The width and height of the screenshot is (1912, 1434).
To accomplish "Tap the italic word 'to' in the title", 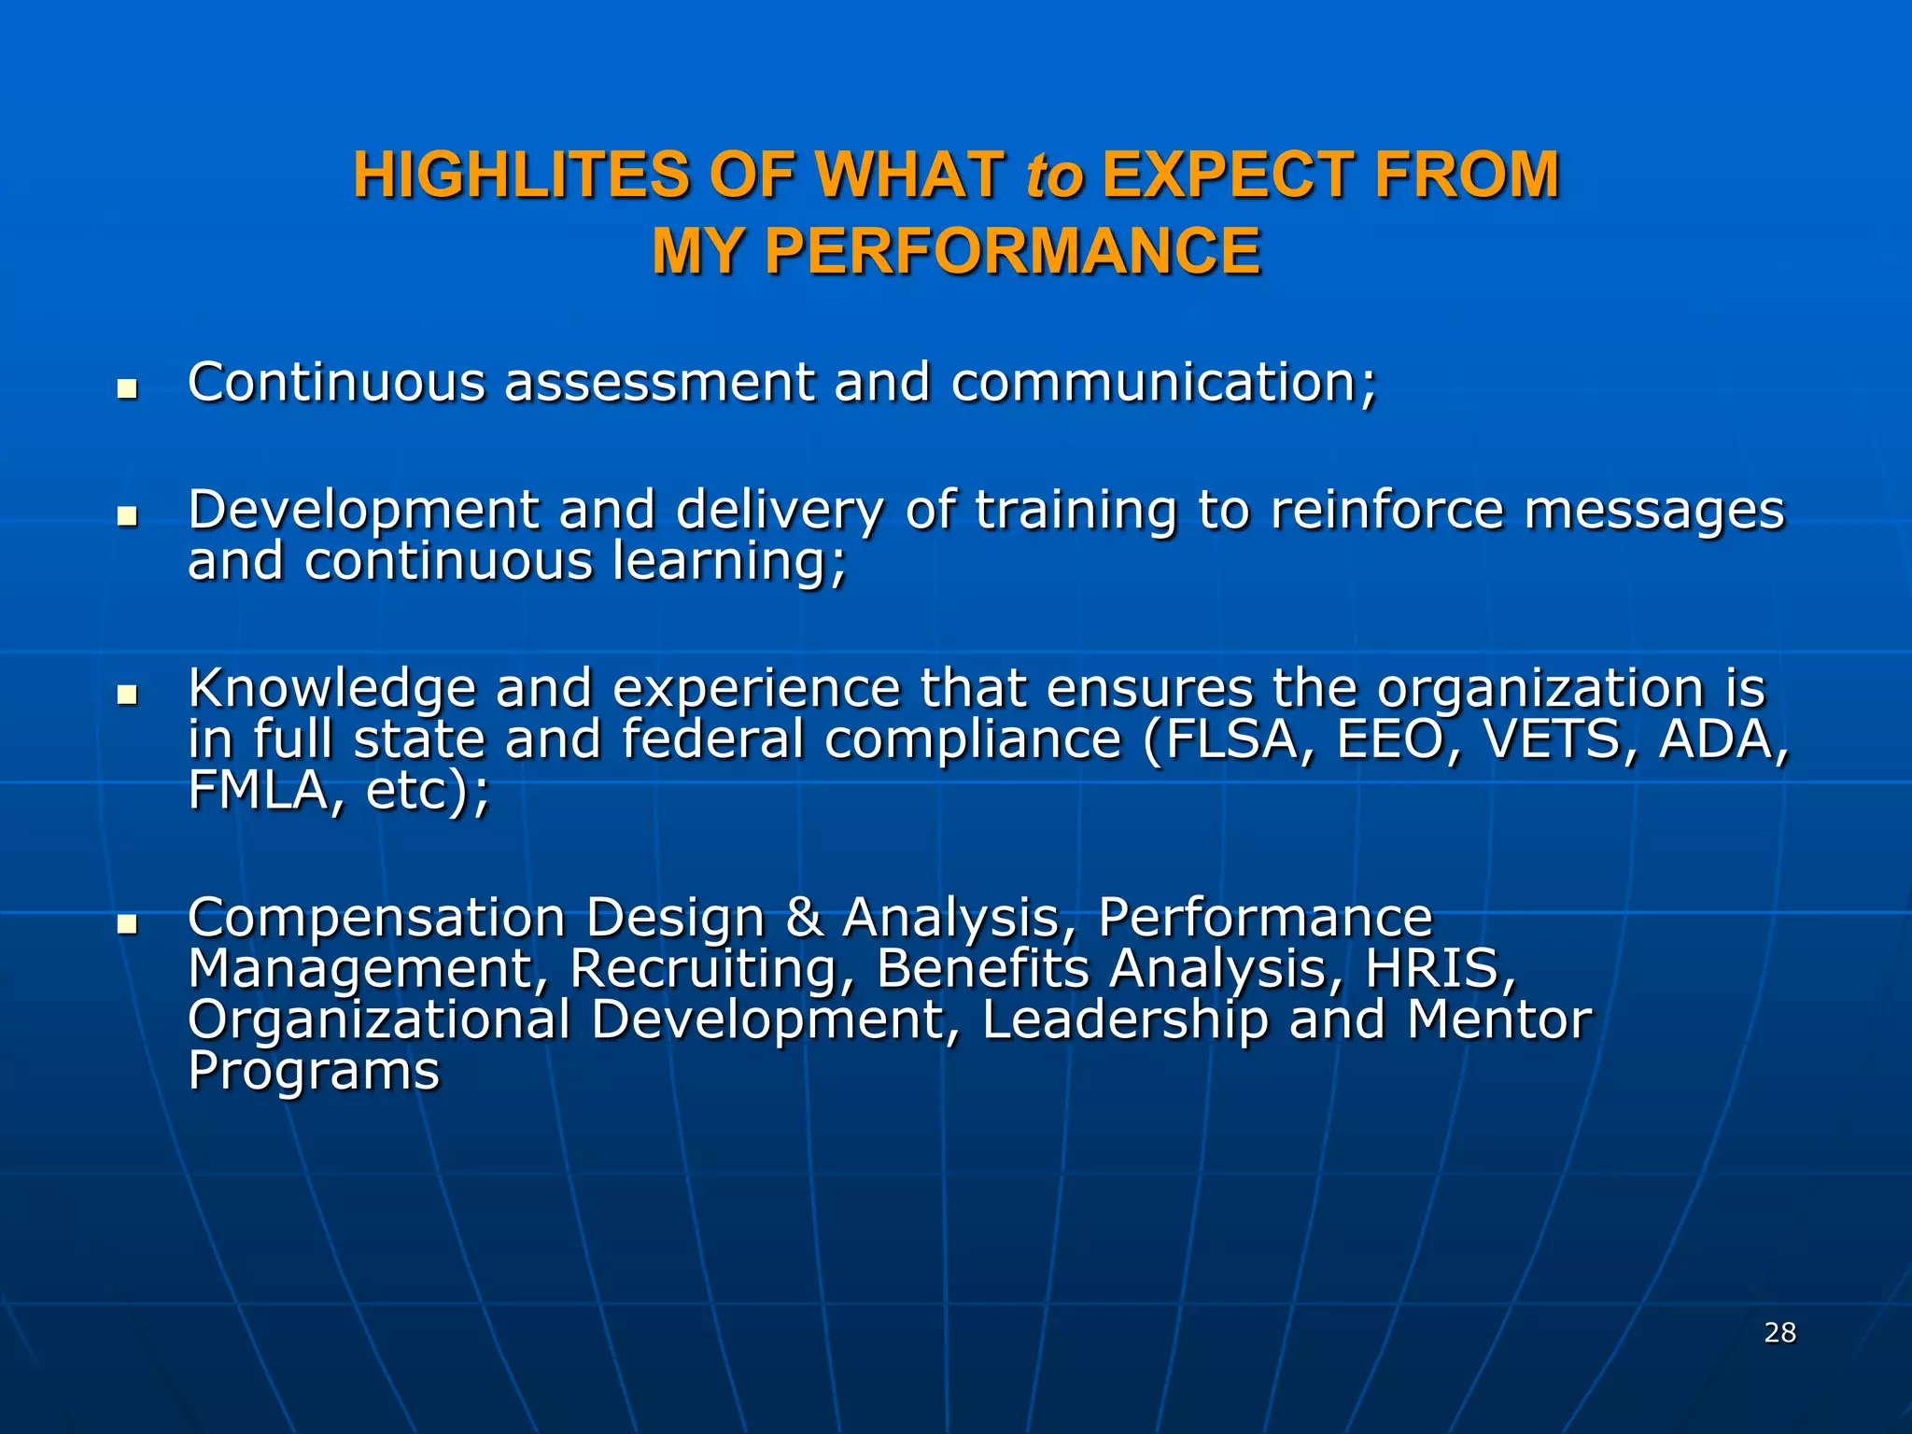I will (1054, 176).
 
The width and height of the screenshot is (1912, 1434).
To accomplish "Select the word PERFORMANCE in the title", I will (1012, 251).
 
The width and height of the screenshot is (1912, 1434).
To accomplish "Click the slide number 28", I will (1780, 1332).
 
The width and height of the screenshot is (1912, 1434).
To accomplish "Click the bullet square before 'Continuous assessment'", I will (127, 388).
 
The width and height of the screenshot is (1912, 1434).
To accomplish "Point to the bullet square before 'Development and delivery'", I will (127, 516).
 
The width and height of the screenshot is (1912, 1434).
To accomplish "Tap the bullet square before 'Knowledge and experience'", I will (127, 695).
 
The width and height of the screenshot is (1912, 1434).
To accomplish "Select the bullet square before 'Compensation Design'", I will (127, 924).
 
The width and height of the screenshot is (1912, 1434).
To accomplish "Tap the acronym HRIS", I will (1439, 968).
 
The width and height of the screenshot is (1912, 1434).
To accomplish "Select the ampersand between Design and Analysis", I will (804, 918).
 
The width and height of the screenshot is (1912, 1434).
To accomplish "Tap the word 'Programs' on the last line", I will (314, 1071).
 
